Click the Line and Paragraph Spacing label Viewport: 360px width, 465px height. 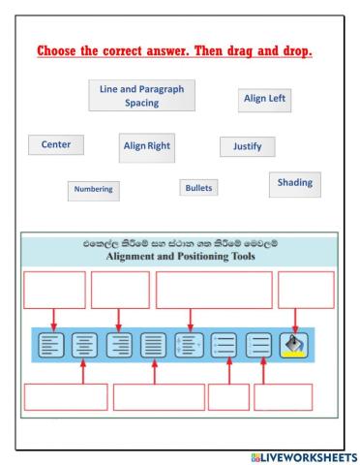click(x=141, y=94)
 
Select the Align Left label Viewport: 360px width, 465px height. click(x=263, y=99)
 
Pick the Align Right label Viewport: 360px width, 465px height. click(x=146, y=146)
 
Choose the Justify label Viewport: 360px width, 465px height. click(x=248, y=147)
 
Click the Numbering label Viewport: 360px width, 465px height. click(x=94, y=190)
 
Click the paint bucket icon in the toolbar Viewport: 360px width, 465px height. click(x=291, y=345)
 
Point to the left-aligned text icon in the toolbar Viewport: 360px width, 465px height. click(x=50, y=345)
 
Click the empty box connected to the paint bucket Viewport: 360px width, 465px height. click(x=306, y=290)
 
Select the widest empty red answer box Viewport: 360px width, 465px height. click(x=213, y=290)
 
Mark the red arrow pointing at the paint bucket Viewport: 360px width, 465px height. click(x=292, y=320)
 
